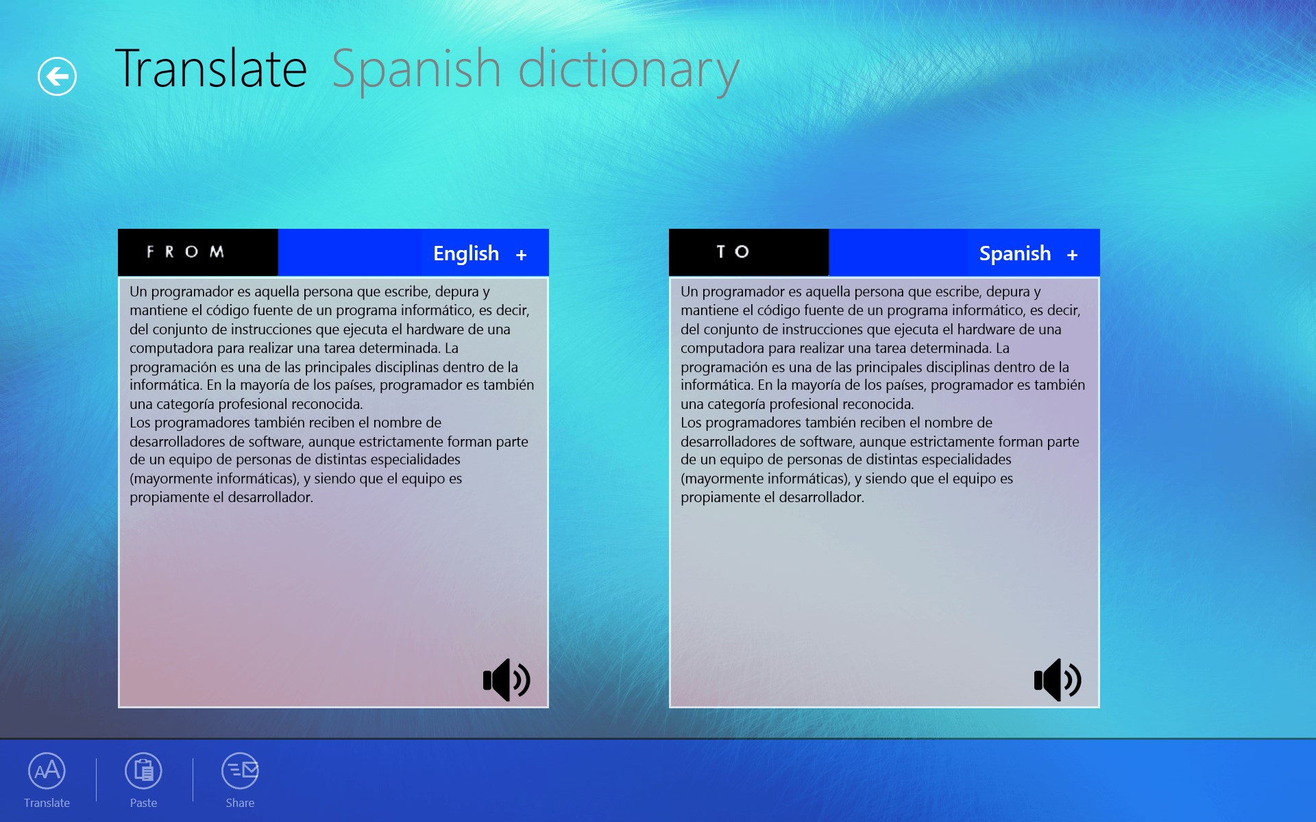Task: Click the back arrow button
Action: [x=57, y=76]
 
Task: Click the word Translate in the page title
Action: [x=211, y=69]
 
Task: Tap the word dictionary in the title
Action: [x=629, y=72]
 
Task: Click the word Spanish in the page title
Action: [x=416, y=71]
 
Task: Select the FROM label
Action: [x=185, y=252]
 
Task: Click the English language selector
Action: [x=466, y=254]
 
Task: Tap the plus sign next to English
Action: [x=521, y=255]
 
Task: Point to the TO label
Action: [x=733, y=252]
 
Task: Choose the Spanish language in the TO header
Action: [x=1015, y=254]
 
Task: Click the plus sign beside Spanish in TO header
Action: [x=1072, y=255]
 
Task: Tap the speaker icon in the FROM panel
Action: [x=507, y=680]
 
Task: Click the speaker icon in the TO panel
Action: [x=1058, y=680]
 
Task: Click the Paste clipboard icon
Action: [x=143, y=771]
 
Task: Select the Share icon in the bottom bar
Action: [x=240, y=771]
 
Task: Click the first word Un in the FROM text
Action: [x=138, y=292]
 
